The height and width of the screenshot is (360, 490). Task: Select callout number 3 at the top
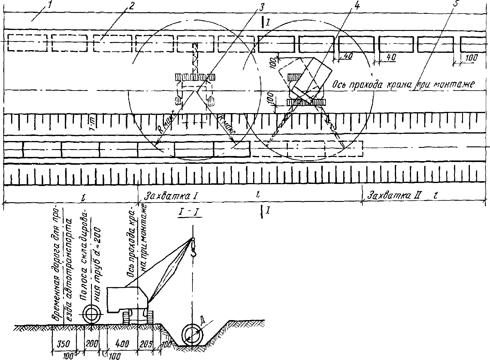259,7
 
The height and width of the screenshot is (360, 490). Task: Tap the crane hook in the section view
193,249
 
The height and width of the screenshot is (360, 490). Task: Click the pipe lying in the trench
192,335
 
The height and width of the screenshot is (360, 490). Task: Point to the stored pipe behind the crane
91,314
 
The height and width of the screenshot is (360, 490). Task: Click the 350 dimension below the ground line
64,343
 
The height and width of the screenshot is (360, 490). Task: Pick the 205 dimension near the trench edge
147,343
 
